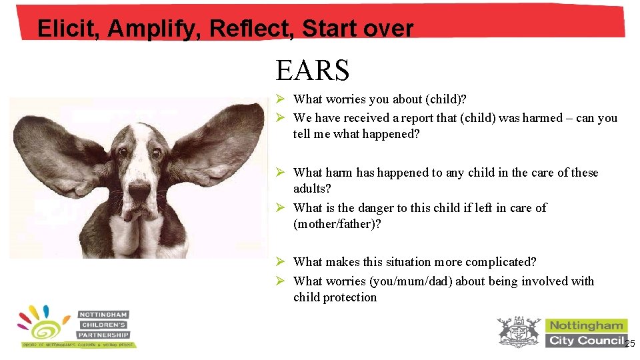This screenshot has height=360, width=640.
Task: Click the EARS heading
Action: click(x=312, y=70)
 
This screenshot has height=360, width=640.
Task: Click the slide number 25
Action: click(x=630, y=343)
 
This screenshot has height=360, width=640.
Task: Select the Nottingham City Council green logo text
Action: click(x=586, y=333)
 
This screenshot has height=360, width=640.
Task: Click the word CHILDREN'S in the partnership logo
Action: click(x=103, y=325)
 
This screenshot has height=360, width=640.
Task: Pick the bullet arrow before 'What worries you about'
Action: click(x=281, y=99)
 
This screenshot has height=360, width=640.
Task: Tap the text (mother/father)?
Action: click(x=337, y=224)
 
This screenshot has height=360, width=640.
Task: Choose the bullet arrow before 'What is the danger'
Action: click(x=281, y=208)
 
